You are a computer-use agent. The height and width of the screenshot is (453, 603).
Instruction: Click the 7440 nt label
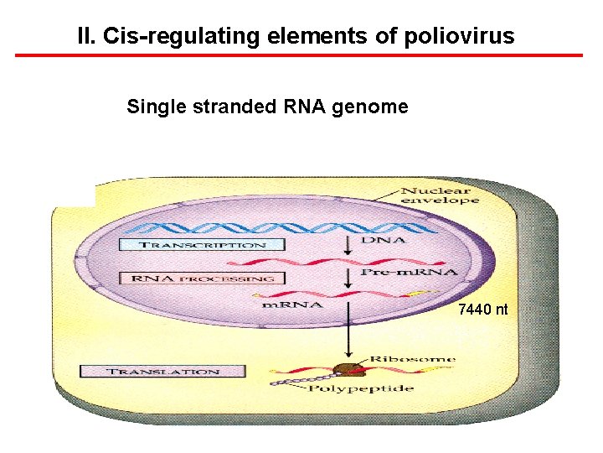[482, 310]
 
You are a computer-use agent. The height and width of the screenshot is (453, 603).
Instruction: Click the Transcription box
[202, 245]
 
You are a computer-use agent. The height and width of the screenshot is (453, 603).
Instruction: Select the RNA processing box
[203, 278]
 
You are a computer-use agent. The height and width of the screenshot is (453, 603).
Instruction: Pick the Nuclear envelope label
[440, 195]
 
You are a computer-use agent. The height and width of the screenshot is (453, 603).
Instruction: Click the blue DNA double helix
[251, 228]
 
